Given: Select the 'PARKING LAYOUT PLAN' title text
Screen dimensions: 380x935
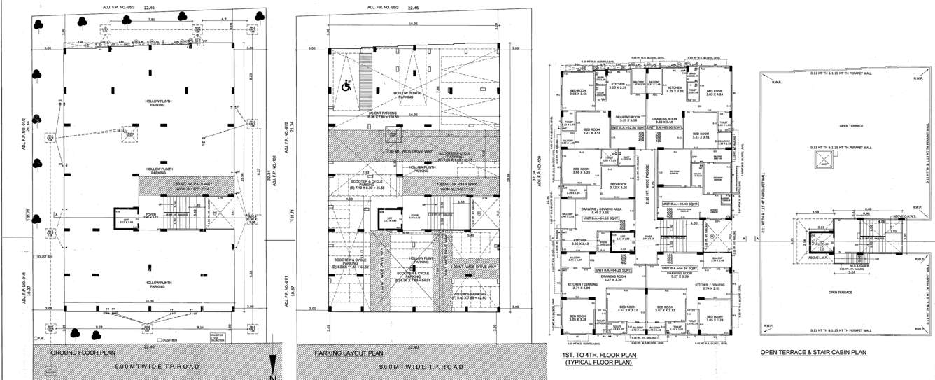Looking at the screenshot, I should coord(349,353).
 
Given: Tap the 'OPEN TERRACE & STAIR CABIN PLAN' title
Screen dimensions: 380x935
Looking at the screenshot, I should coord(814,353).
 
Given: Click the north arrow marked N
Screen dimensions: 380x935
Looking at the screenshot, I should coord(274,365).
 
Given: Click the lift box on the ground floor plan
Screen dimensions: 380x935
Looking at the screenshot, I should coord(125,221).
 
